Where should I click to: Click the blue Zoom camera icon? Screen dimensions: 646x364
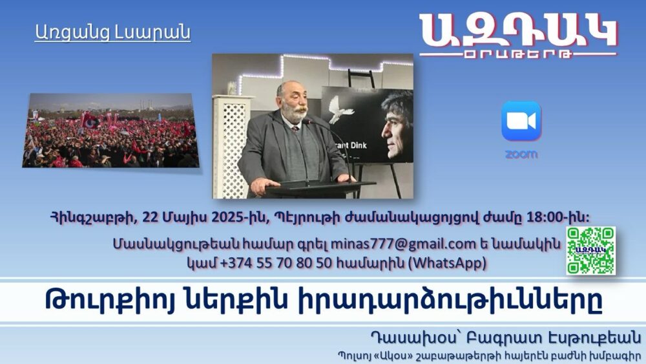point(521,121)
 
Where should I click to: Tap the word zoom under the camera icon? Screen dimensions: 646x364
point(521,155)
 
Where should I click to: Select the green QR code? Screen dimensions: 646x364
point(590,251)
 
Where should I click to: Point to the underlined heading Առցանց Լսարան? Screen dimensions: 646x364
point(112,32)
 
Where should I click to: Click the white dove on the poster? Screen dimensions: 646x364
point(340,110)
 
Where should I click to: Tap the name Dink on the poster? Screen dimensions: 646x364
point(357,145)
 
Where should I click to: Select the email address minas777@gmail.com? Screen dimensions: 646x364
point(403,244)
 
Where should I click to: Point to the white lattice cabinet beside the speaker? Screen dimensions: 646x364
point(231,146)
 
